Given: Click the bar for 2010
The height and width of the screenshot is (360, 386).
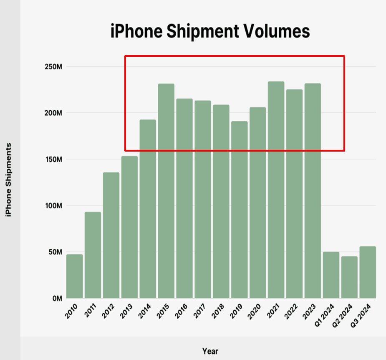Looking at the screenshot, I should [x=74, y=276].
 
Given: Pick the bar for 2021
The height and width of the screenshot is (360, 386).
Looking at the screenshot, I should [x=276, y=190].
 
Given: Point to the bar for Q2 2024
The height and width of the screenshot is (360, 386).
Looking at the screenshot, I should [x=349, y=277].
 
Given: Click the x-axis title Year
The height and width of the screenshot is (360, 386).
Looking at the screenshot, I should [x=210, y=351].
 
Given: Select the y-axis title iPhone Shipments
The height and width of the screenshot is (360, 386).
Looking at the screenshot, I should [x=8, y=180].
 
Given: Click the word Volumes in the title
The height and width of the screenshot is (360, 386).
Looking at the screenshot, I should [x=275, y=31].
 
